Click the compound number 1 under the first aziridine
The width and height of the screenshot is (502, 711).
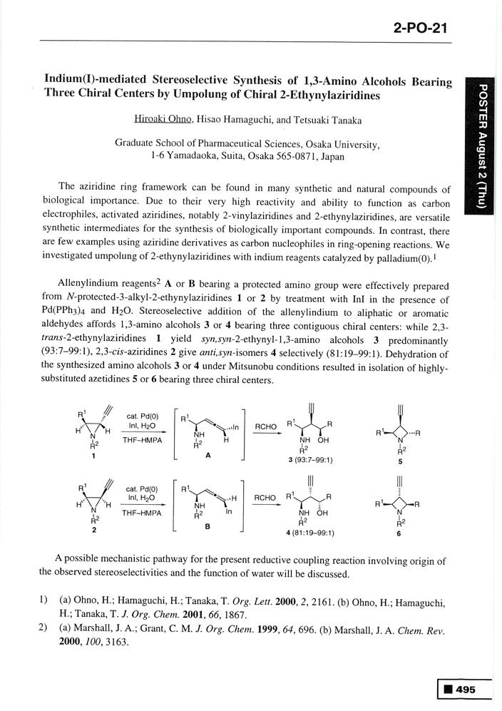(x=94, y=458)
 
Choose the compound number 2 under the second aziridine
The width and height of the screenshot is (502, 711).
(x=94, y=531)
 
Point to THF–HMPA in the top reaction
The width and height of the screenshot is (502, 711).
(x=140, y=440)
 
